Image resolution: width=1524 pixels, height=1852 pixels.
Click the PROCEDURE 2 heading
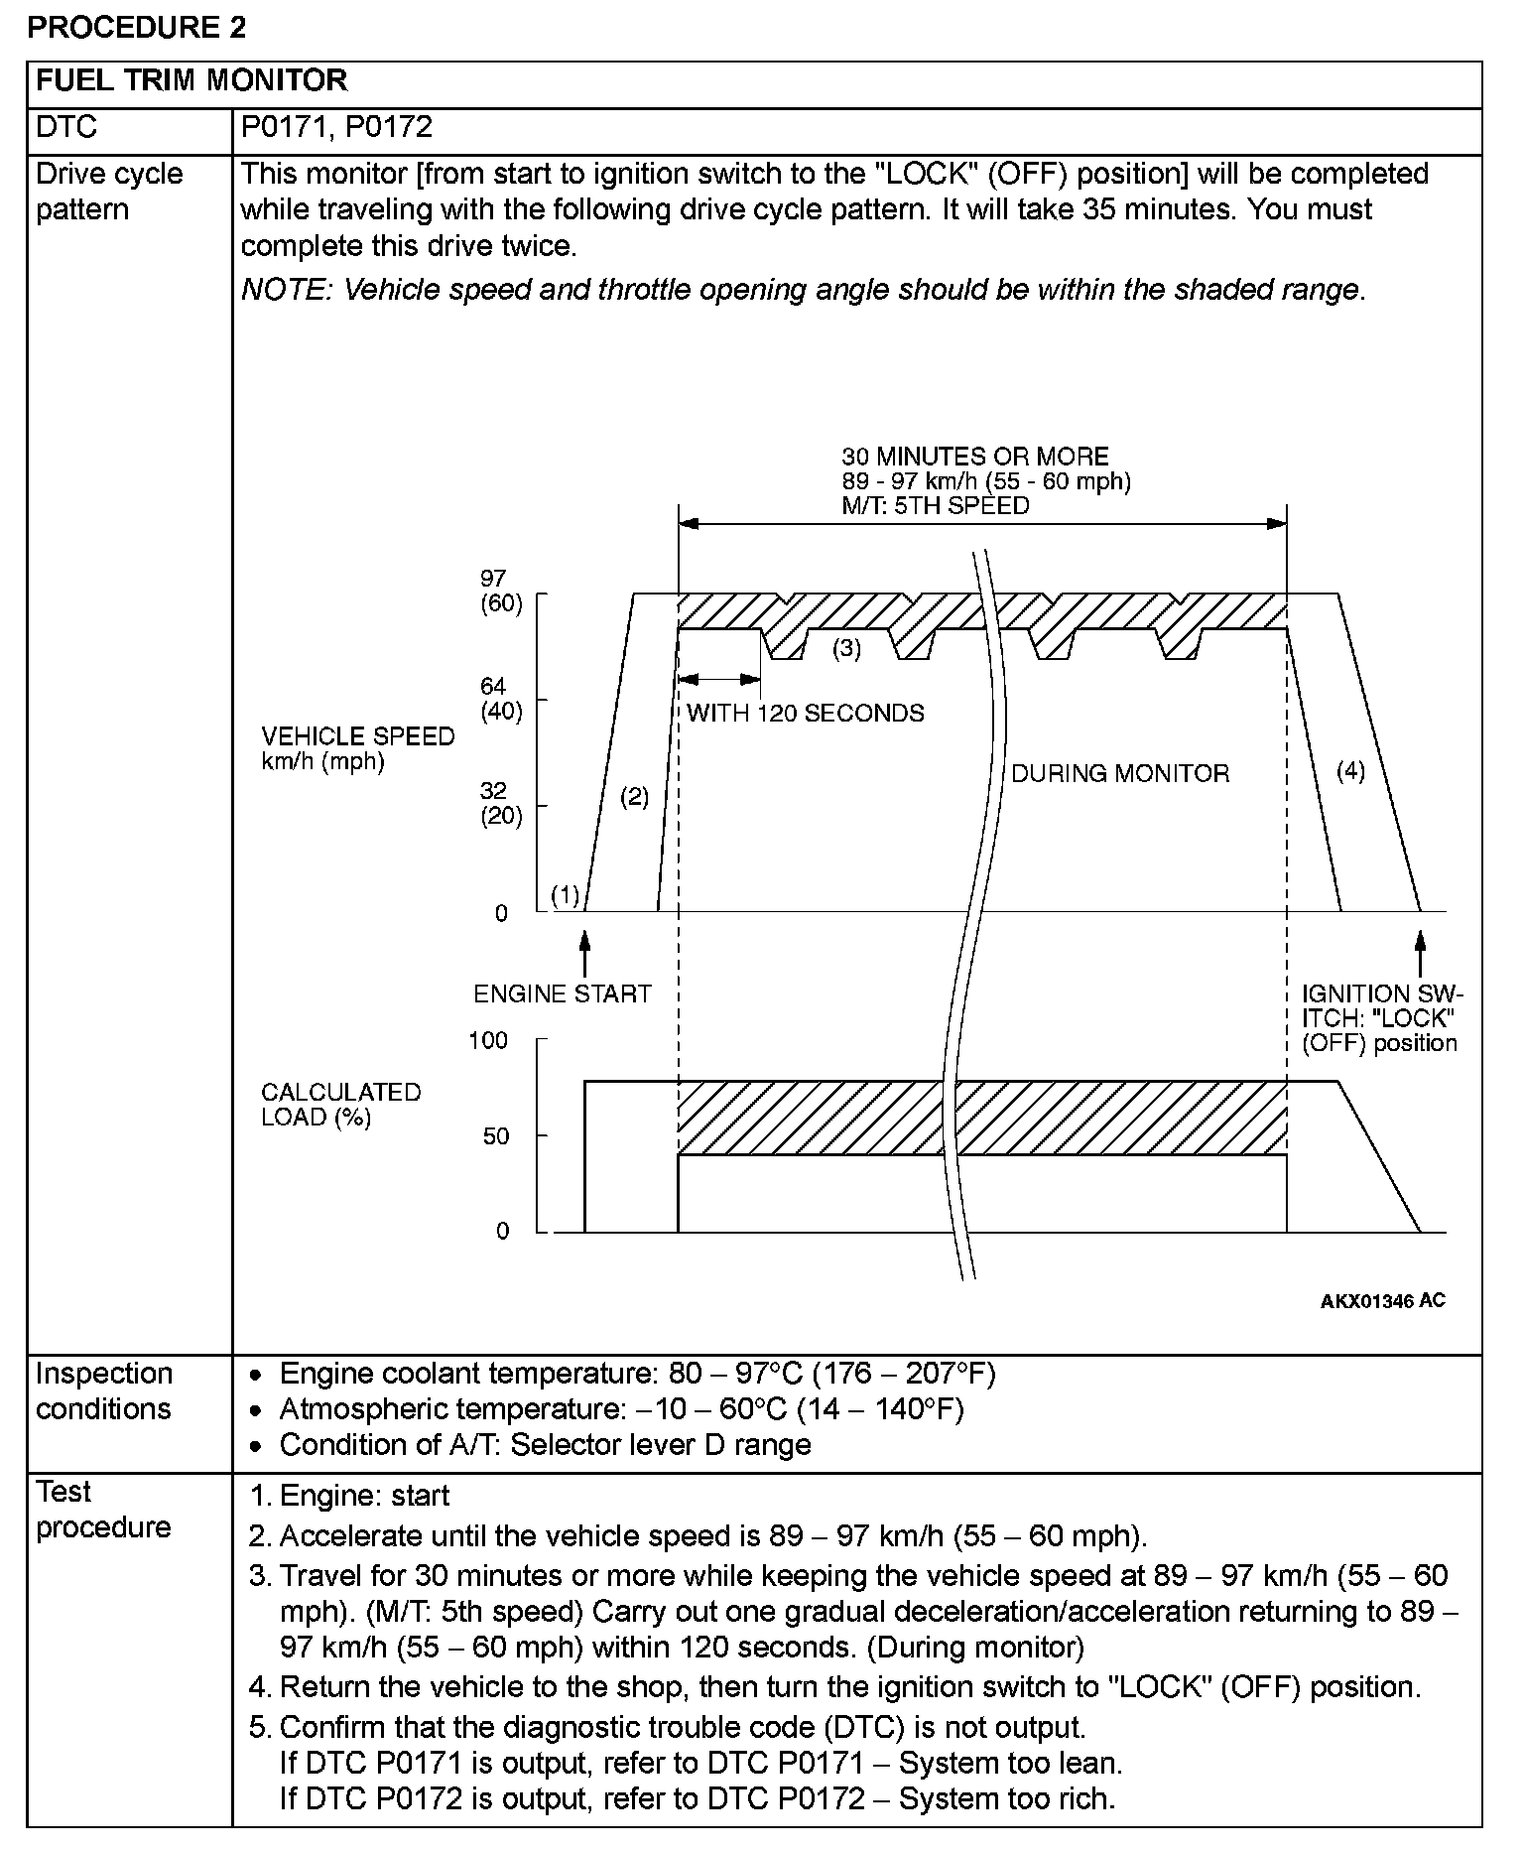(x=136, y=27)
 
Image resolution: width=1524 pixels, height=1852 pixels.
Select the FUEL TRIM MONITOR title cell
(x=191, y=80)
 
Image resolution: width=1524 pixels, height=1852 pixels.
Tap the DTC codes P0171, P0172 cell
(x=336, y=127)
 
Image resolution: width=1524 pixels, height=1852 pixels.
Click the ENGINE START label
(x=562, y=993)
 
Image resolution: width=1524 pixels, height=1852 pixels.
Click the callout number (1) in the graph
(x=565, y=896)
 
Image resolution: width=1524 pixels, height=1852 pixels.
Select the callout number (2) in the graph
(x=634, y=796)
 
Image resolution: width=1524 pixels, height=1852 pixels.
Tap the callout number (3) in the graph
(x=846, y=649)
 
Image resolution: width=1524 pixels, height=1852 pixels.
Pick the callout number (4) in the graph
(x=1350, y=771)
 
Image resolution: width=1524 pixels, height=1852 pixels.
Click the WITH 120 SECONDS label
(x=805, y=713)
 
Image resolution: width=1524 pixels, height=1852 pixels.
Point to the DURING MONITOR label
(x=1119, y=773)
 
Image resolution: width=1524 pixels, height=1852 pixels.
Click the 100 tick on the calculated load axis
(x=488, y=1040)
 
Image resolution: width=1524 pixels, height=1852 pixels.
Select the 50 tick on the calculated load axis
(x=496, y=1136)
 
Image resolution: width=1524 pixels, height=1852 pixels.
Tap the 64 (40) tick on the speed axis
(x=501, y=699)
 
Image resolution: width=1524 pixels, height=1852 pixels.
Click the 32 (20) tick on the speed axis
(x=501, y=803)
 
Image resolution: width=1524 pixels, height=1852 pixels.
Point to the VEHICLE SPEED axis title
(x=357, y=748)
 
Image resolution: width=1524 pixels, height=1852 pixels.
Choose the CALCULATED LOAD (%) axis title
(x=340, y=1104)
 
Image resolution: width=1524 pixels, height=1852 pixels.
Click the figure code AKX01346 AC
(x=1382, y=1300)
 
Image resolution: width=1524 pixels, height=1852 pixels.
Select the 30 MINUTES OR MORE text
(x=974, y=457)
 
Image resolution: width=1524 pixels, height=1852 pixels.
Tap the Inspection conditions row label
(x=103, y=1390)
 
